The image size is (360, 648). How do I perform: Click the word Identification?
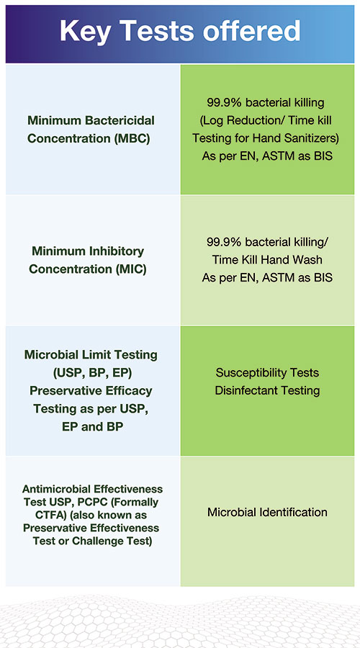pyautogui.click(x=293, y=513)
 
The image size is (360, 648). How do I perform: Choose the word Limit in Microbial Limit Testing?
pyautogui.click(x=109, y=355)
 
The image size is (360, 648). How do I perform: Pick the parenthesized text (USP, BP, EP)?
pyautogui.click(x=91, y=372)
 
